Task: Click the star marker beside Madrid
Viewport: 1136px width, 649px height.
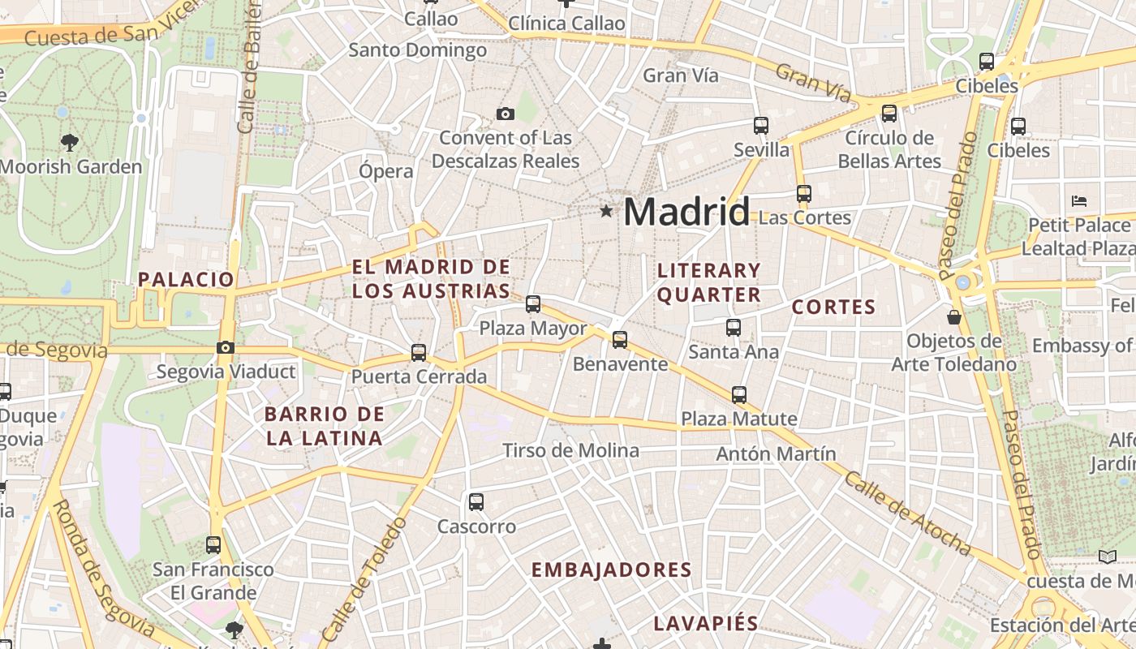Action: pos(606,212)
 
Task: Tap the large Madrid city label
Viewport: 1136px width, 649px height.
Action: pos(686,213)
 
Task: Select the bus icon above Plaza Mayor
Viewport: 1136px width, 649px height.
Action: pos(533,304)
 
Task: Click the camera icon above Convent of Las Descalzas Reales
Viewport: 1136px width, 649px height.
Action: pos(506,114)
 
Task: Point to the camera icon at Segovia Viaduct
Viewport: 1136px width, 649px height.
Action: pos(226,348)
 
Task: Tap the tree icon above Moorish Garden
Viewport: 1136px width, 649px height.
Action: pos(70,143)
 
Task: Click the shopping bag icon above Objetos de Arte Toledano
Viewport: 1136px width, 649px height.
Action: pos(954,316)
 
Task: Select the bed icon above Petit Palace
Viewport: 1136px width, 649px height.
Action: pos(1079,200)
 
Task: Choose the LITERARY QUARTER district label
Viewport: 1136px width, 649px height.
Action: pos(709,282)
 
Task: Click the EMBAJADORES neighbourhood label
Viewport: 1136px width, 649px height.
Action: pos(612,570)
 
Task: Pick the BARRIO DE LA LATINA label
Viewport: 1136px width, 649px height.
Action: pos(324,426)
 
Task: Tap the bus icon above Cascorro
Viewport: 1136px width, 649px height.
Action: pos(476,502)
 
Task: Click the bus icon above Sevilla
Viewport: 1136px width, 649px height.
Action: pos(761,126)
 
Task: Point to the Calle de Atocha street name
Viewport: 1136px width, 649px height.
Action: pos(907,513)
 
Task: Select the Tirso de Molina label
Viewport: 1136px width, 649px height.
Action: pos(570,450)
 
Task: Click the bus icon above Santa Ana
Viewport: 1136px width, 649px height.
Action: pos(734,328)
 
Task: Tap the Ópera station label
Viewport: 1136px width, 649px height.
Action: pos(386,171)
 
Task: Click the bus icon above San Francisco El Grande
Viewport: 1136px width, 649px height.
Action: pos(213,545)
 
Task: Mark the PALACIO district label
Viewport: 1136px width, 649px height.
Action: pos(186,280)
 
